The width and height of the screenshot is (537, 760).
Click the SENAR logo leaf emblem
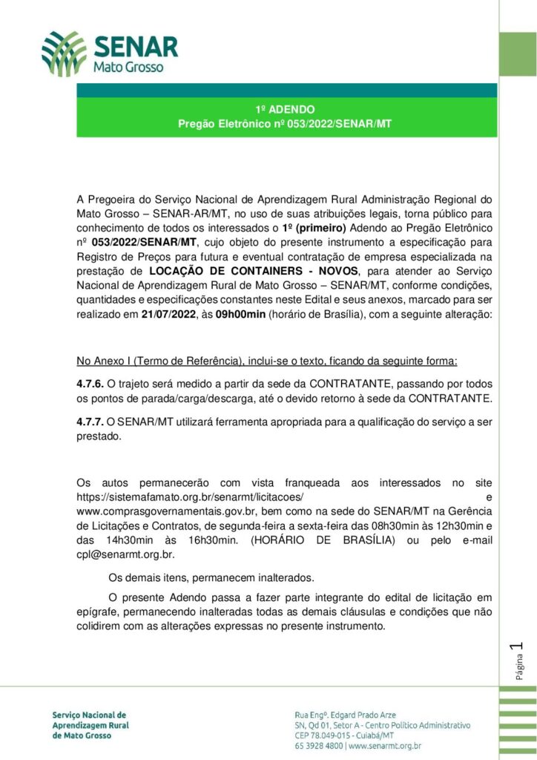point(64,54)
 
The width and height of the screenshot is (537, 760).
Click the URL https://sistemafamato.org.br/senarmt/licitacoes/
point(191,497)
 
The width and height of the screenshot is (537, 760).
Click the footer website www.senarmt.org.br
point(385,746)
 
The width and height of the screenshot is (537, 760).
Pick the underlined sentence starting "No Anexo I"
point(267,361)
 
